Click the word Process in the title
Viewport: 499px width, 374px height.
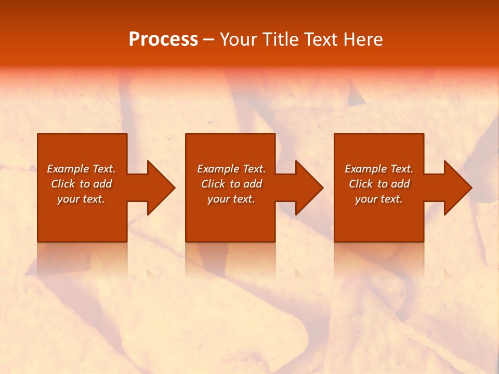(x=163, y=39)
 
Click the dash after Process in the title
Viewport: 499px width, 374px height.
(x=208, y=40)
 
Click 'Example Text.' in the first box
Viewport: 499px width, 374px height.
(x=81, y=169)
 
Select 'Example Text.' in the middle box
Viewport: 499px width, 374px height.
(x=231, y=169)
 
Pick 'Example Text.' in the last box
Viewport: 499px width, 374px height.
(x=379, y=169)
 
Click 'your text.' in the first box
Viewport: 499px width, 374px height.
(x=81, y=199)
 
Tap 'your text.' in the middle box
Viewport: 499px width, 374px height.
(x=231, y=199)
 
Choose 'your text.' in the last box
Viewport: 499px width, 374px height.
(x=379, y=199)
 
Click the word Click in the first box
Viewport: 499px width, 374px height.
(x=63, y=184)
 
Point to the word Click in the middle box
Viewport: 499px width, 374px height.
(x=213, y=184)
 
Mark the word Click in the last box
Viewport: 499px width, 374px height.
(x=361, y=184)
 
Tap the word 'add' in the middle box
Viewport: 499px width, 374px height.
(x=253, y=184)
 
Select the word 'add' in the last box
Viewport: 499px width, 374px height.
(x=400, y=184)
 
